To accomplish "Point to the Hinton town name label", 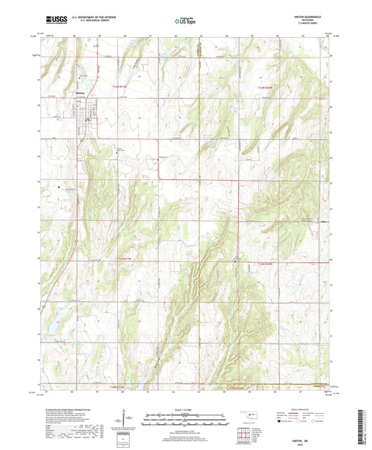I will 79,92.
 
